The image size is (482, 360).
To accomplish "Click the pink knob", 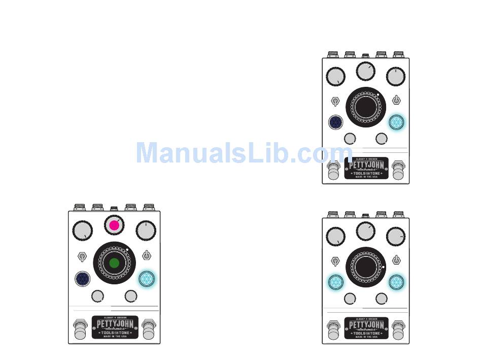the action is click(x=114, y=225).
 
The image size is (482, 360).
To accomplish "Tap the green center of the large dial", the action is click(x=114, y=263).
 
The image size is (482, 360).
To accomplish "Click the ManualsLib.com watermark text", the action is click(x=244, y=153).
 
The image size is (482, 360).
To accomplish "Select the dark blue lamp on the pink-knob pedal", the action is click(x=83, y=279).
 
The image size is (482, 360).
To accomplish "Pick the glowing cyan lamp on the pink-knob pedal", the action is click(x=146, y=278).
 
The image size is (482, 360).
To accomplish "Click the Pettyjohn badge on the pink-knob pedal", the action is click(x=115, y=327).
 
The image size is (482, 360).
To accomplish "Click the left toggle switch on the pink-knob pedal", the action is click(x=82, y=255).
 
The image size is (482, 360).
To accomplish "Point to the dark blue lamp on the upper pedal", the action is click(x=335, y=122).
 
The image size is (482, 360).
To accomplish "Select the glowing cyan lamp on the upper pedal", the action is click(x=396, y=122).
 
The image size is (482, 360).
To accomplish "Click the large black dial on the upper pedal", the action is click(x=365, y=107).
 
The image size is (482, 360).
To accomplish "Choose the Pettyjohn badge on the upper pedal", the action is click(x=366, y=168).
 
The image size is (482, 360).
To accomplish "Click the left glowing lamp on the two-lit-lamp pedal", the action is click(x=335, y=282).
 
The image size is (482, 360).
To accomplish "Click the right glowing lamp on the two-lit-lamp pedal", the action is click(x=396, y=282).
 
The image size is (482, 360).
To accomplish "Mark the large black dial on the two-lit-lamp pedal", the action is click(x=365, y=267).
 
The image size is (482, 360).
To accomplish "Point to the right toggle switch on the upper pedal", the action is click(x=397, y=101).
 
